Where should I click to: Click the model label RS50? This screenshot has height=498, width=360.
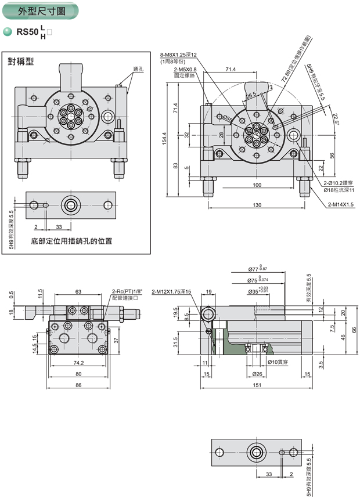click(27, 33)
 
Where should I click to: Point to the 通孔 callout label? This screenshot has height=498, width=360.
click(138, 70)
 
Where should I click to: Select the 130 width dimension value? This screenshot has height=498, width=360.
click(257, 205)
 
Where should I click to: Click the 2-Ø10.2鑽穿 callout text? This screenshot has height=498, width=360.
click(339, 182)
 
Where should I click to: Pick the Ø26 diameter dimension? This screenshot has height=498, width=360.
click(257, 374)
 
